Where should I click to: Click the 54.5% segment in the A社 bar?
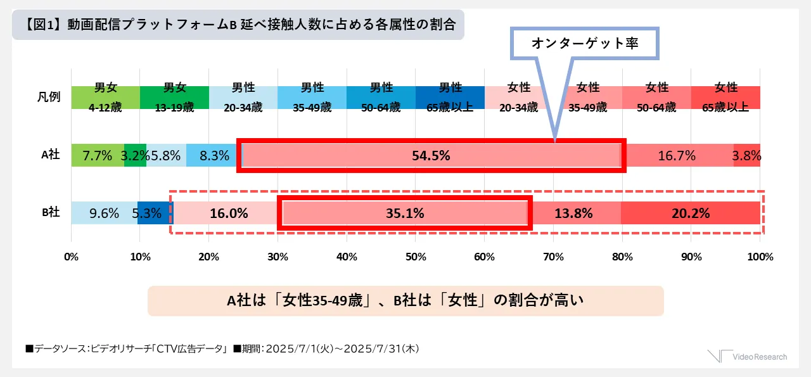tap(431, 155)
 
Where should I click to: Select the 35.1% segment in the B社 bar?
tap(404, 213)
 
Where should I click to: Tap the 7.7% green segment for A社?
tap(98, 155)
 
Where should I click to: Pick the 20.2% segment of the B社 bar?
tap(690, 213)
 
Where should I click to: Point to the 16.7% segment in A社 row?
tap(677, 155)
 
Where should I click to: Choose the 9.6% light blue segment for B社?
tap(104, 213)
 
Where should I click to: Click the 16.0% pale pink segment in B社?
tap(228, 213)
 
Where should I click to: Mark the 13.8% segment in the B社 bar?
tap(573, 213)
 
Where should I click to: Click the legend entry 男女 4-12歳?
tap(105, 98)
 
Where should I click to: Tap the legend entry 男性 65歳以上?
tap(450, 98)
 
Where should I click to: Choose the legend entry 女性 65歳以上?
tap(725, 98)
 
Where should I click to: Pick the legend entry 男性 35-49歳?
tap(312, 98)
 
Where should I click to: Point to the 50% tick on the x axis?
tap(415, 257)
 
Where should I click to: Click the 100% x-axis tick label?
tap(760, 257)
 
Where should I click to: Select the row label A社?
tap(50, 155)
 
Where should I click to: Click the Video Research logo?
tap(748, 357)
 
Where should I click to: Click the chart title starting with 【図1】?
tap(238, 25)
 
